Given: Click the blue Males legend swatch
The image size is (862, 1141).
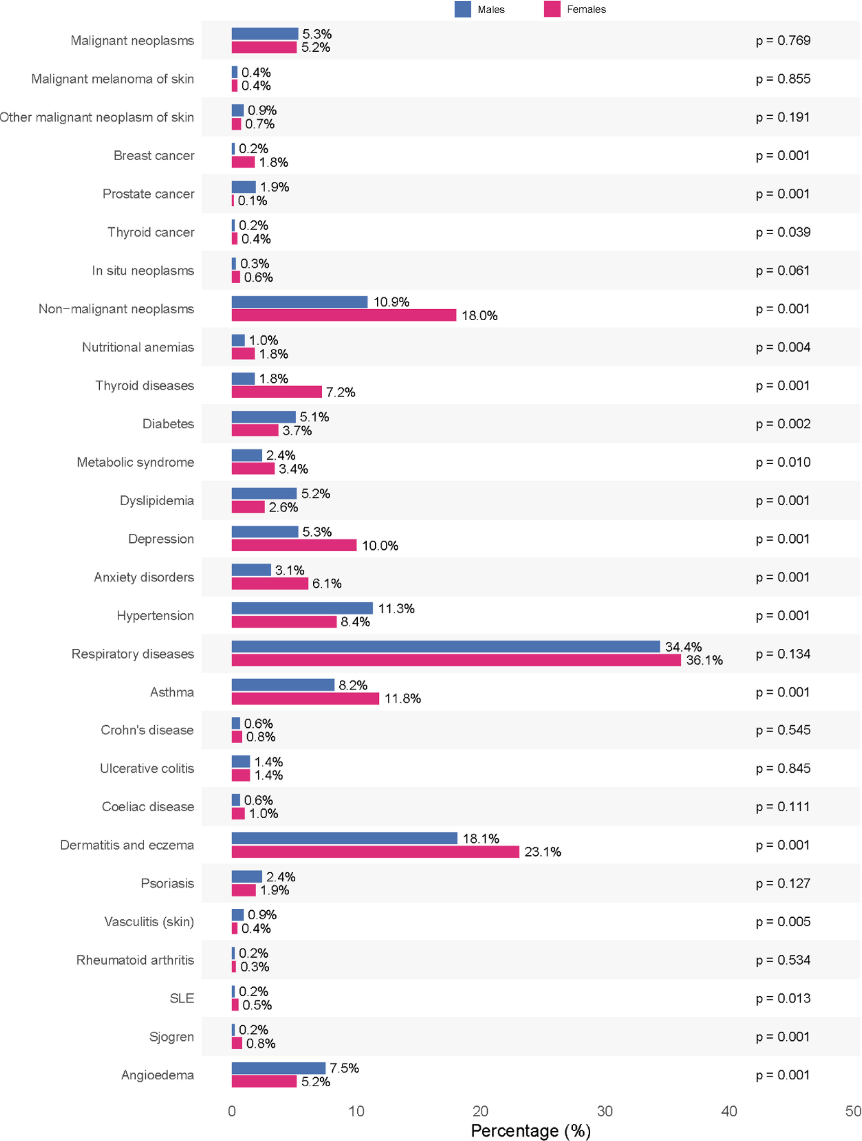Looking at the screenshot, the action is click(462, 9).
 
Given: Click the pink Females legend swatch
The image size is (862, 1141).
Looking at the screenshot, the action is click(552, 9).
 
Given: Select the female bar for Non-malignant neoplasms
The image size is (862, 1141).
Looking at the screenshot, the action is click(344, 315).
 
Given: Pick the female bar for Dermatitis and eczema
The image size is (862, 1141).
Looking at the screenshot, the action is click(375, 852).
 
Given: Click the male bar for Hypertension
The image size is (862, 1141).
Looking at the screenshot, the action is click(302, 608).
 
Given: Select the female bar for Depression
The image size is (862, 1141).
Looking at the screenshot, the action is click(294, 545).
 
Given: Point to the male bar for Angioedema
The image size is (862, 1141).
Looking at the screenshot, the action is click(278, 1068).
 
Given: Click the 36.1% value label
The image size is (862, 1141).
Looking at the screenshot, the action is click(704, 660).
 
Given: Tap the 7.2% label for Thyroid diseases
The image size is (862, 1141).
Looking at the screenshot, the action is click(340, 392).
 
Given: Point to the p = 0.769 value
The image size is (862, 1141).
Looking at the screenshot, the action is click(783, 40).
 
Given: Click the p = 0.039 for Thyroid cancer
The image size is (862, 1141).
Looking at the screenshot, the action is click(783, 232).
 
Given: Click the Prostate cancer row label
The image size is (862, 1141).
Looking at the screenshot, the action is click(149, 194).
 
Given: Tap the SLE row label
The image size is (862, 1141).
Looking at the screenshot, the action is click(182, 998).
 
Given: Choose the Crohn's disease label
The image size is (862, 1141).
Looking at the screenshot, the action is click(147, 730).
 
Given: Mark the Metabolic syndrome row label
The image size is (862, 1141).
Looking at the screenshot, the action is click(136, 462).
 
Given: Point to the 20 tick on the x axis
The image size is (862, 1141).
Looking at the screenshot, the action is click(480, 1111).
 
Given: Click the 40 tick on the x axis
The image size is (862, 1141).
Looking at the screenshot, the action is click(729, 1111).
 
